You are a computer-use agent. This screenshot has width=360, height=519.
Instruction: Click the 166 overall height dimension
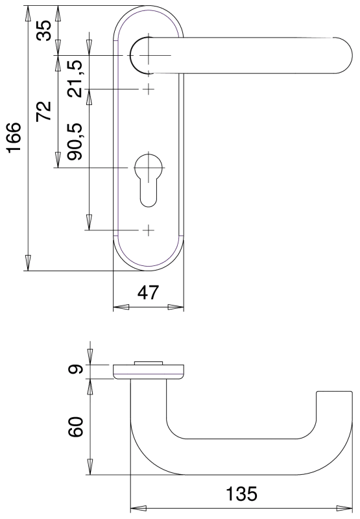click(x=14, y=138)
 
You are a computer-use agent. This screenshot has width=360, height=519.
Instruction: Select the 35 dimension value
click(x=43, y=30)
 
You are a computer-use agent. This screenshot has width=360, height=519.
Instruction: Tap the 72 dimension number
click(x=43, y=111)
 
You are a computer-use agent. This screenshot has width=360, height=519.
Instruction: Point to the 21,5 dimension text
click(x=75, y=78)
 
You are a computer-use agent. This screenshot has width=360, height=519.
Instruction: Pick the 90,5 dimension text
click(x=75, y=141)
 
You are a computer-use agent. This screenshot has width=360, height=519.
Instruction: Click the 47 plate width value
click(x=148, y=293)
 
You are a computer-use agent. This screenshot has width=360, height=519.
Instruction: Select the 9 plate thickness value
click(x=75, y=368)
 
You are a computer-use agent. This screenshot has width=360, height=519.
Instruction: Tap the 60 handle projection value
click(x=75, y=427)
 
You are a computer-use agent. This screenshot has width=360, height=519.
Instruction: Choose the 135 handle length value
click(x=241, y=494)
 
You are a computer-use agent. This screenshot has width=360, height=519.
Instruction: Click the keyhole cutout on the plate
click(x=149, y=179)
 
